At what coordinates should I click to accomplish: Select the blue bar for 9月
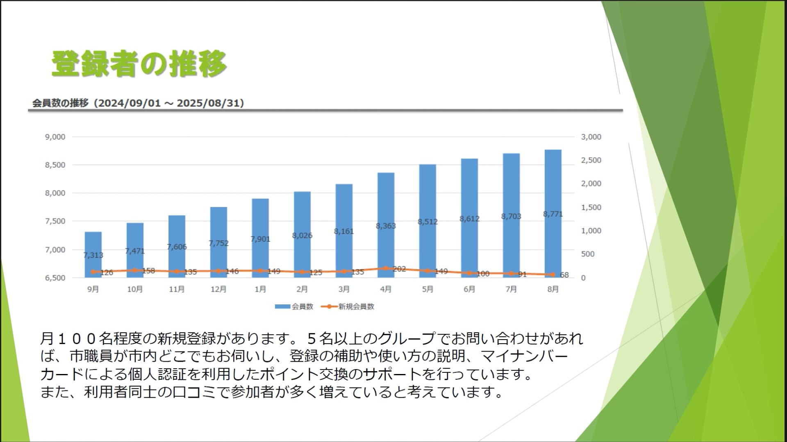pos(93,246)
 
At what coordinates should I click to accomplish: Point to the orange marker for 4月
pos(386,269)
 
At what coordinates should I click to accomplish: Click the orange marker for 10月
pos(135,270)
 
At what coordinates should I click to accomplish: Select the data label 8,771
pos(553,214)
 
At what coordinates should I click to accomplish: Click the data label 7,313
pos(93,255)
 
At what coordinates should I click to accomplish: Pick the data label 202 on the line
pos(399,269)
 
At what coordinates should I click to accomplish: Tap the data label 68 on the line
pos(564,275)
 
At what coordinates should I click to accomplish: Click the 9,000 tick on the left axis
pos(55,137)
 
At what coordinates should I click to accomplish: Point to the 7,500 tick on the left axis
pos(55,221)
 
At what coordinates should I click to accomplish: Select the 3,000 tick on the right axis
pos(591,137)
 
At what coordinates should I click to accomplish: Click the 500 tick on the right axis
pos(587,254)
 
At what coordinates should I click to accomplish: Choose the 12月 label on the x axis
pos(218,289)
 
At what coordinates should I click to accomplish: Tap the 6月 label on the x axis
pos(469,289)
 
